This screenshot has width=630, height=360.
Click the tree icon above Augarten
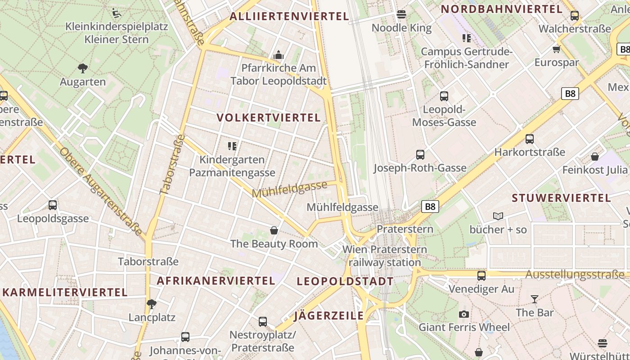(82, 68)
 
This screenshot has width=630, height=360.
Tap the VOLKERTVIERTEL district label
(269, 118)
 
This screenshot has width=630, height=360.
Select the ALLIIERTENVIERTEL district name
(289, 17)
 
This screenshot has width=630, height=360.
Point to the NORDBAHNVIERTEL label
(501, 9)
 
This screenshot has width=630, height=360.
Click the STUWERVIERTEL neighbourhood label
(561, 198)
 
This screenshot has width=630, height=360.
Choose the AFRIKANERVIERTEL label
(216, 281)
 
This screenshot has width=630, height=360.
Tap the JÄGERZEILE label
(329, 316)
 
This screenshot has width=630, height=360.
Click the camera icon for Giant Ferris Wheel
(464, 314)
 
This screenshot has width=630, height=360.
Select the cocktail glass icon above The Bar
(534, 299)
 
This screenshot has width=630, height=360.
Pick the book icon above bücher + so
(498, 216)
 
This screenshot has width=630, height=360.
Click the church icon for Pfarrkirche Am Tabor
(279, 55)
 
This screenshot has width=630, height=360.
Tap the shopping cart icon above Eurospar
(556, 49)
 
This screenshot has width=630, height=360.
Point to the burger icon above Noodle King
(401, 14)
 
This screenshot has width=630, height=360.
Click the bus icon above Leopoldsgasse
(53, 205)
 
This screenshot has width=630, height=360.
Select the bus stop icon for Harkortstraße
(530, 139)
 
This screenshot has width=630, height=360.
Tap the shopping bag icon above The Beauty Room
(274, 230)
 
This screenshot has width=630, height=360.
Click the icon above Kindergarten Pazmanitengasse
(232, 146)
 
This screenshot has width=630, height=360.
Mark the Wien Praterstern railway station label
(385, 256)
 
